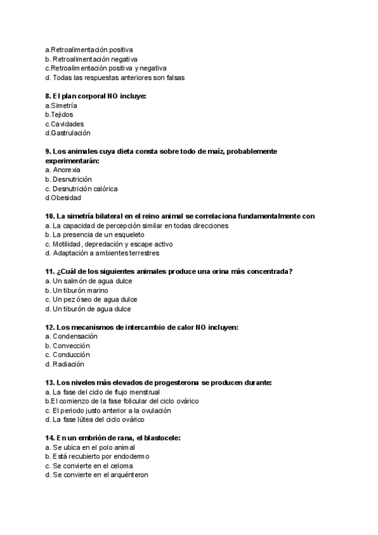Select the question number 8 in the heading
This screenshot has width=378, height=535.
click(48, 97)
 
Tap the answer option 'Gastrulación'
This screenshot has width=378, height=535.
click(67, 133)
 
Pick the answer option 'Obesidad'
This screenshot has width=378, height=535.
click(66, 197)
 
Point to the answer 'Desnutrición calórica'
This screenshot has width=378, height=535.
click(81, 189)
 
